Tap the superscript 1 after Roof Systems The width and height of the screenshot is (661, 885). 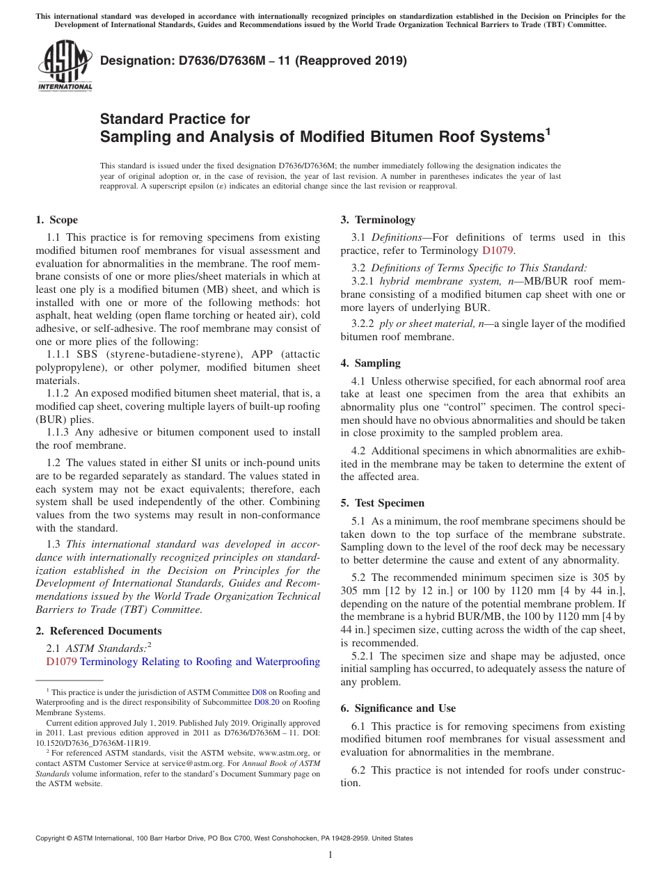pyautogui.click(x=548, y=130)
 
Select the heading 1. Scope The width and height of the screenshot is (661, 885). pyautogui.click(x=56, y=220)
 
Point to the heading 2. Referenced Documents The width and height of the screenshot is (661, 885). pyautogui.click(x=98, y=631)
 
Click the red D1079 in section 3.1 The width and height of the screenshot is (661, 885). pyautogui.click(x=497, y=250)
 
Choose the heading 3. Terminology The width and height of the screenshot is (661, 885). pyautogui.click(x=378, y=220)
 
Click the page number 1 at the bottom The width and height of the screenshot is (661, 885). pyautogui.click(x=330, y=854)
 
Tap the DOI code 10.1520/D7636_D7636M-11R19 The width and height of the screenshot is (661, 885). pyautogui.click(x=93, y=742)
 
